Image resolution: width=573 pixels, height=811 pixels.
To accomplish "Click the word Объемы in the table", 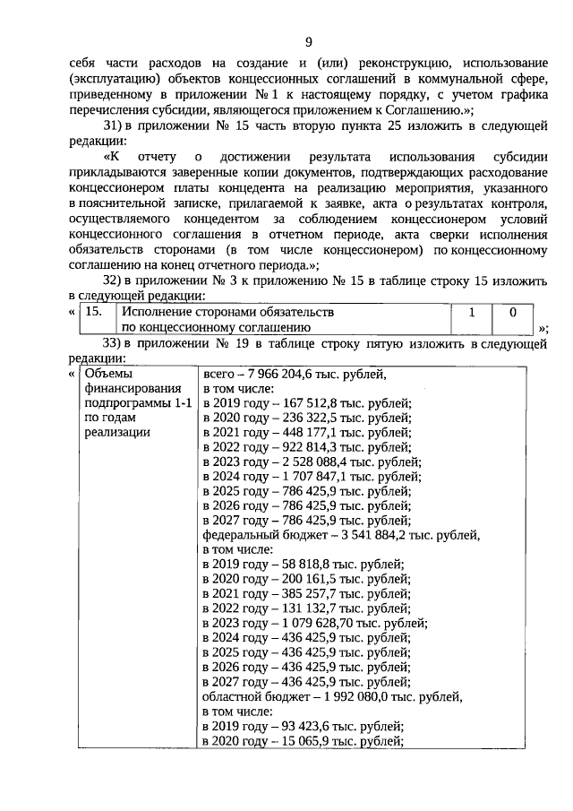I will tap(107, 375).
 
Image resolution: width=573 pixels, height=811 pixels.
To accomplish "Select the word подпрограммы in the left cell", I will tap(124, 404).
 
